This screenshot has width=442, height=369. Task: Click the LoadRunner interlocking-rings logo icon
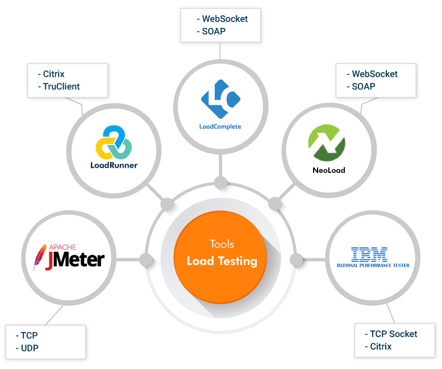(114, 142)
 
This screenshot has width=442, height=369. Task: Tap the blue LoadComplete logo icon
(220, 98)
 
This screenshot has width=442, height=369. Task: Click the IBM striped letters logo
(369, 254)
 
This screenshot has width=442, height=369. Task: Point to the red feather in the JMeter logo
(40, 258)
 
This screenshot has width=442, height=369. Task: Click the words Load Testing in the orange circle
(222, 261)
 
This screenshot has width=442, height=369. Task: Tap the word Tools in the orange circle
(222, 244)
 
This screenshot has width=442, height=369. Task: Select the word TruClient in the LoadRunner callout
(61, 86)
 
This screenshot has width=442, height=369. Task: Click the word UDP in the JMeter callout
(30, 348)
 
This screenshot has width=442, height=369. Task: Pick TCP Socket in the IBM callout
(393, 334)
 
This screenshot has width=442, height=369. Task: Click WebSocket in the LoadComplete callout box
(225, 19)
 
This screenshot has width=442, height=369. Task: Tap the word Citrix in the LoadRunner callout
(53, 74)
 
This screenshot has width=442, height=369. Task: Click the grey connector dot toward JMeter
(146, 260)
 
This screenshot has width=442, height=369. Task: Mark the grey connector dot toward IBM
(297, 260)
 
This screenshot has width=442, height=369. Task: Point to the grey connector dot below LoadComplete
(220, 183)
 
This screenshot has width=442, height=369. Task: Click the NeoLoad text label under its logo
(328, 170)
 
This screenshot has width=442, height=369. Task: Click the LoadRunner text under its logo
(114, 165)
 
